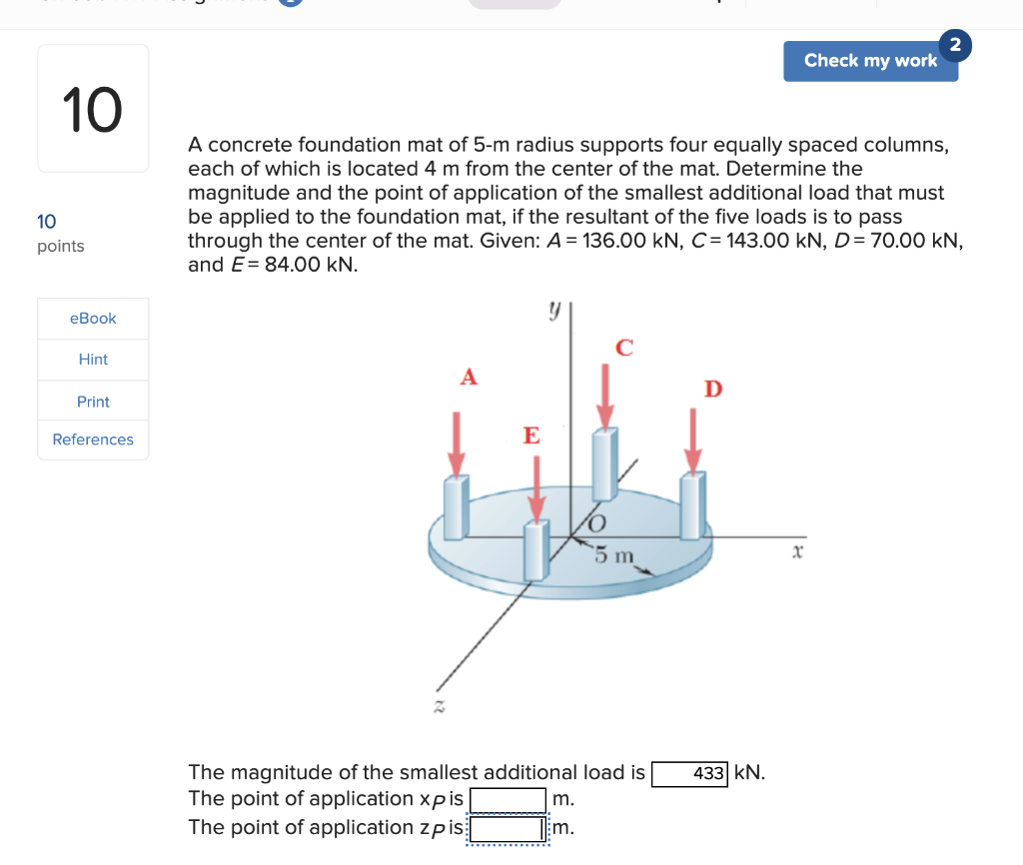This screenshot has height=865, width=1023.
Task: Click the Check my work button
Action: coord(869,61)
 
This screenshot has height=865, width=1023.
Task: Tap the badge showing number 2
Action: coord(956,45)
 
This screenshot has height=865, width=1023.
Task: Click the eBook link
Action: coord(93,319)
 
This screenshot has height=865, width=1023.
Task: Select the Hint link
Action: coord(93,360)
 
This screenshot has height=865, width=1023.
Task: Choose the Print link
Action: coord(93,402)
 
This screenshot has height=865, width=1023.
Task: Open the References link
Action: coord(93,439)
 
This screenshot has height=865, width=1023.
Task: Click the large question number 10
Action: coord(92,109)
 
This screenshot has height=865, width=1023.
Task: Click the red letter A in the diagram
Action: coord(468,377)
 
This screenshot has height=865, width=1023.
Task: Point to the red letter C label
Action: coord(624,348)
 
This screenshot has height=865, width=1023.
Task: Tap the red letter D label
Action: coord(712,389)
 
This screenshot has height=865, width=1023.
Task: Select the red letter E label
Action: coord(531,435)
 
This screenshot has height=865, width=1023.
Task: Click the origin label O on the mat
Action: coord(596,523)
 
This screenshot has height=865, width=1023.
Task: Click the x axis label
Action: coord(797,551)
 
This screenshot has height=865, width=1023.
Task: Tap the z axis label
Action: coord(437,706)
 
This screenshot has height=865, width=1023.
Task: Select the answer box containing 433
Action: coord(689,774)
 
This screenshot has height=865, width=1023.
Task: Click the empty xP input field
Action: coord(508,800)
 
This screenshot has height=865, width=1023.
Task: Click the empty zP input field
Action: coord(508,828)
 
